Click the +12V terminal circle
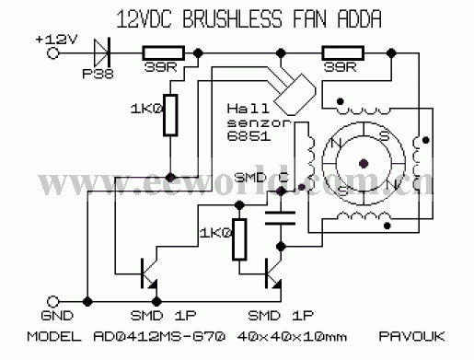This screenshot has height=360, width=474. (x=52, y=53)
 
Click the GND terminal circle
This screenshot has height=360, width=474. (x=52, y=302)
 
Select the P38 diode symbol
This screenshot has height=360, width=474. (x=102, y=53)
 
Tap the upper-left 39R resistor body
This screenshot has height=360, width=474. (x=164, y=53)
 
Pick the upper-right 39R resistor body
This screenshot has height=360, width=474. (x=343, y=53)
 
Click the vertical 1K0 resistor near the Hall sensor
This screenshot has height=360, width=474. (x=170, y=115)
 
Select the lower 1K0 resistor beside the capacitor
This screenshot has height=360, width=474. (x=239, y=239)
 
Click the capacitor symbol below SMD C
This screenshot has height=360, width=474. (x=281, y=218)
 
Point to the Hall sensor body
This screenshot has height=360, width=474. (x=295, y=95)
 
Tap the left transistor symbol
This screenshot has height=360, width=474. (x=149, y=273)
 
